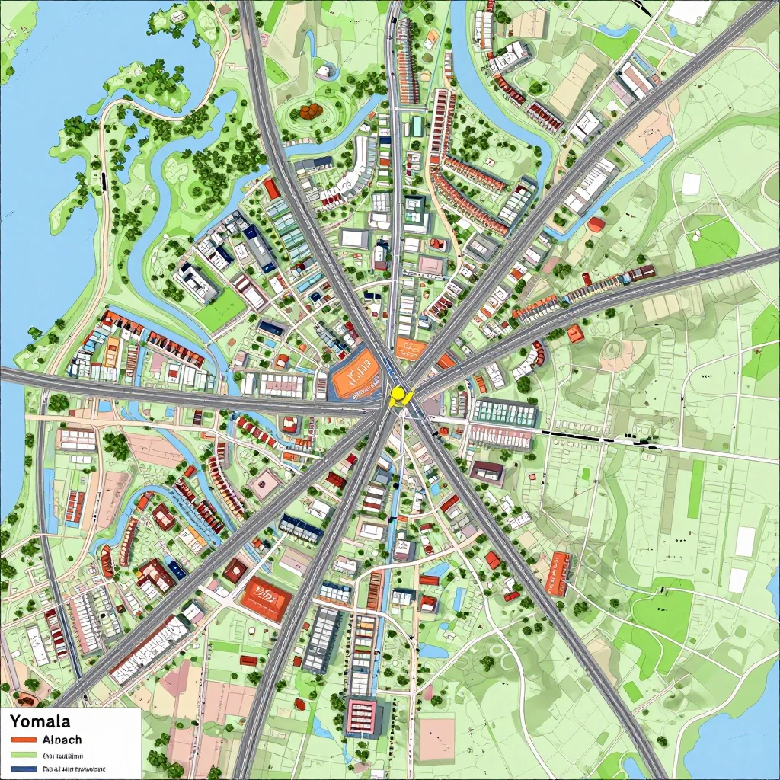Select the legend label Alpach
pyautogui.click(x=62, y=740)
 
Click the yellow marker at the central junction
pyautogui.click(x=398, y=395)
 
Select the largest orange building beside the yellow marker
pyautogui.click(x=356, y=376)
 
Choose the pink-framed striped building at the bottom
pyautogui.click(x=362, y=715)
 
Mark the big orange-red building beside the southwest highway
pyautogui.click(x=266, y=596)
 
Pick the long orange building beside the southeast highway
pyautogui.click(x=561, y=573)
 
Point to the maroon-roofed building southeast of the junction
pyautogui.click(x=486, y=472)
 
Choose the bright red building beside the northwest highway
pyautogui.click(x=272, y=188)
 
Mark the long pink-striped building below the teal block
pyautogui.click(x=501, y=437)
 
